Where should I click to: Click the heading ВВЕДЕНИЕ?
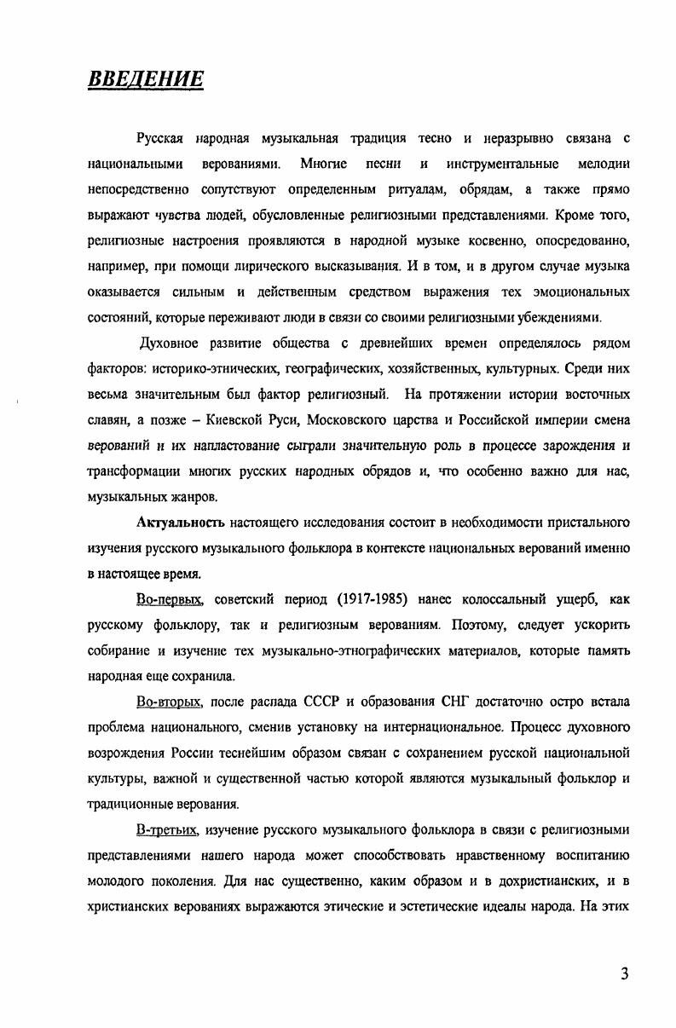pos(146,80)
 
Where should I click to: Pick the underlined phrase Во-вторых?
pos(169,702)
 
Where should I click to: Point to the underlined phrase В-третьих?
pos(167,830)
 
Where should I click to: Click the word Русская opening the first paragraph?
pos(163,138)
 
